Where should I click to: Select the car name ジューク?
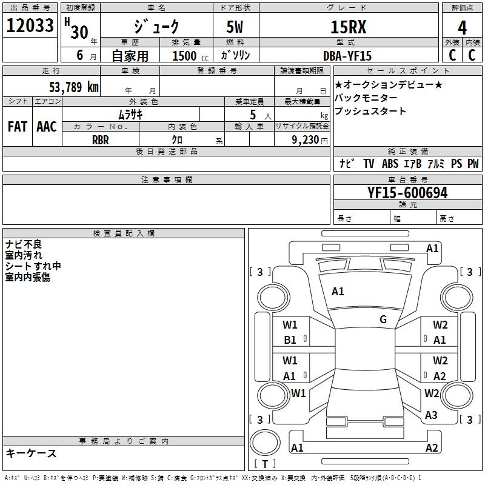coord(156,27)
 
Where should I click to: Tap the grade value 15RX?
coord(348,27)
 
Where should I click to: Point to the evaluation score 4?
coord(462,27)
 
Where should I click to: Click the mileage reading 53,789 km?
coord(73,86)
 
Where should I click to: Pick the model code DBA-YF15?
coord(347,56)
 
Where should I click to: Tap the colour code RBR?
coord(101,139)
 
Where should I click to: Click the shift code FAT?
coord(17,126)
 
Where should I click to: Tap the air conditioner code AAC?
coord(46,126)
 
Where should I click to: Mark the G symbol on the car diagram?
coord(383,319)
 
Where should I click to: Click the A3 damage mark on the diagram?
coord(431,415)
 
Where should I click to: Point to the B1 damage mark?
coord(290,340)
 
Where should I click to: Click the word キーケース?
coord(31,453)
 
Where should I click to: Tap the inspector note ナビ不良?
coord(24,244)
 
